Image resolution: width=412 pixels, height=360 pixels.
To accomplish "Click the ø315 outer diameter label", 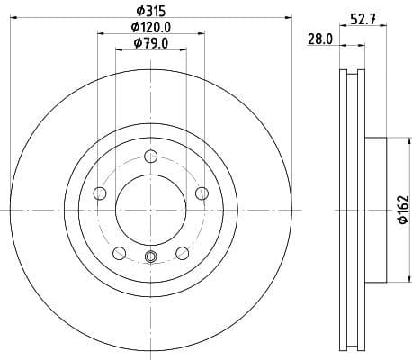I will pyautogui.click(x=149, y=11).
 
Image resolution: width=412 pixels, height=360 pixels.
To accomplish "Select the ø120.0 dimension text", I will pyautogui.click(x=150, y=28).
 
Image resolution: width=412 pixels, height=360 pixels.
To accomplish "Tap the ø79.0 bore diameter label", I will pyautogui.click(x=150, y=43).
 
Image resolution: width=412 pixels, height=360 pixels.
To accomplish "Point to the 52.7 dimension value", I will pyautogui.click(x=363, y=17).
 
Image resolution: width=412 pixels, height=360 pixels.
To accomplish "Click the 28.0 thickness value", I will pyautogui.click(x=320, y=39).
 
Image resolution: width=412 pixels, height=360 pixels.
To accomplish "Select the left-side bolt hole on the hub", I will pyautogui.click(x=100, y=193).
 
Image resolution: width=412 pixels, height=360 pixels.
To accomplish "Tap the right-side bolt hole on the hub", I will pyautogui.click(x=202, y=193).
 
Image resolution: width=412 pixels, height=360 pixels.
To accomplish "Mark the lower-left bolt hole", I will pyautogui.click(x=119, y=253).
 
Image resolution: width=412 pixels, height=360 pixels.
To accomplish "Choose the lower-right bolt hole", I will pyautogui.click(x=183, y=253).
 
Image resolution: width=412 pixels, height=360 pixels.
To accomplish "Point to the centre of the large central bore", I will pyautogui.click(x=150, y=210).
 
